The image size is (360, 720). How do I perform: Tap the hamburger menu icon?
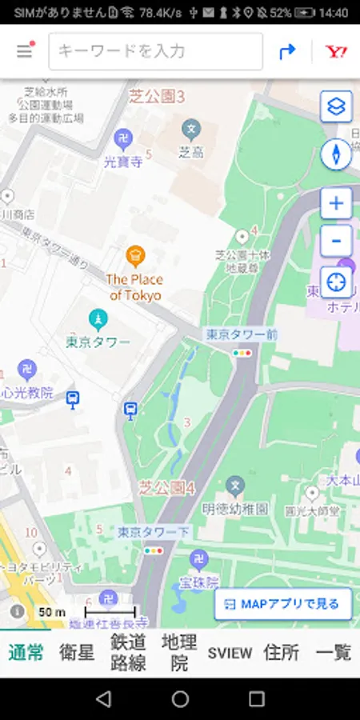pyautogui.click(x=25, y=51)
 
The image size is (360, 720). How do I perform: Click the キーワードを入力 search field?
pyautogui.click(x=155, y=51)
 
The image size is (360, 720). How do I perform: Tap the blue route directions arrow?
pyautogui.click(x=286, y=51)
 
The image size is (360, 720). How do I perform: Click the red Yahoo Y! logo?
pyautogui.click(x=335, y=51)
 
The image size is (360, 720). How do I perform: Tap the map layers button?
pyautogui.click(x=336, y=106)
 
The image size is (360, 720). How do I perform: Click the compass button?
pyautogui.click(x=336, y=154)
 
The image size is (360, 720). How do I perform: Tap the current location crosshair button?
pyautogui.click(x=336, y=282)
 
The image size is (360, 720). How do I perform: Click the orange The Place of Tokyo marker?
pyautogui.click(x=135, y=256)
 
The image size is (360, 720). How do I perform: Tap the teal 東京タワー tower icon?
pyautogui.click(x=98, y=320)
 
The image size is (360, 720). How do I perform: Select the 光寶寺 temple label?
pyautogui.click(x=123, y=162)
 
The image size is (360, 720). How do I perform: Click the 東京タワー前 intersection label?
pyautogui.click(x=241, y=334)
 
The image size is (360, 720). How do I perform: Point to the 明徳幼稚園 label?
pyautogui.click(x=235, y=510)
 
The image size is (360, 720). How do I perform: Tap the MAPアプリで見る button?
pyautogui.click(x=283, y=604)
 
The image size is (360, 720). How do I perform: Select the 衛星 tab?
pyautogui.click(x=77, y=652)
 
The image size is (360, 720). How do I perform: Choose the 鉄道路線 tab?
pyautogui.click(x=127, y=652)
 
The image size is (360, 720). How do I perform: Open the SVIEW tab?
pyautogui.click(x=230, y=652)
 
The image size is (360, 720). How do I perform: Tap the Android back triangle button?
pyautogui.click(x=103, y=699)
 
